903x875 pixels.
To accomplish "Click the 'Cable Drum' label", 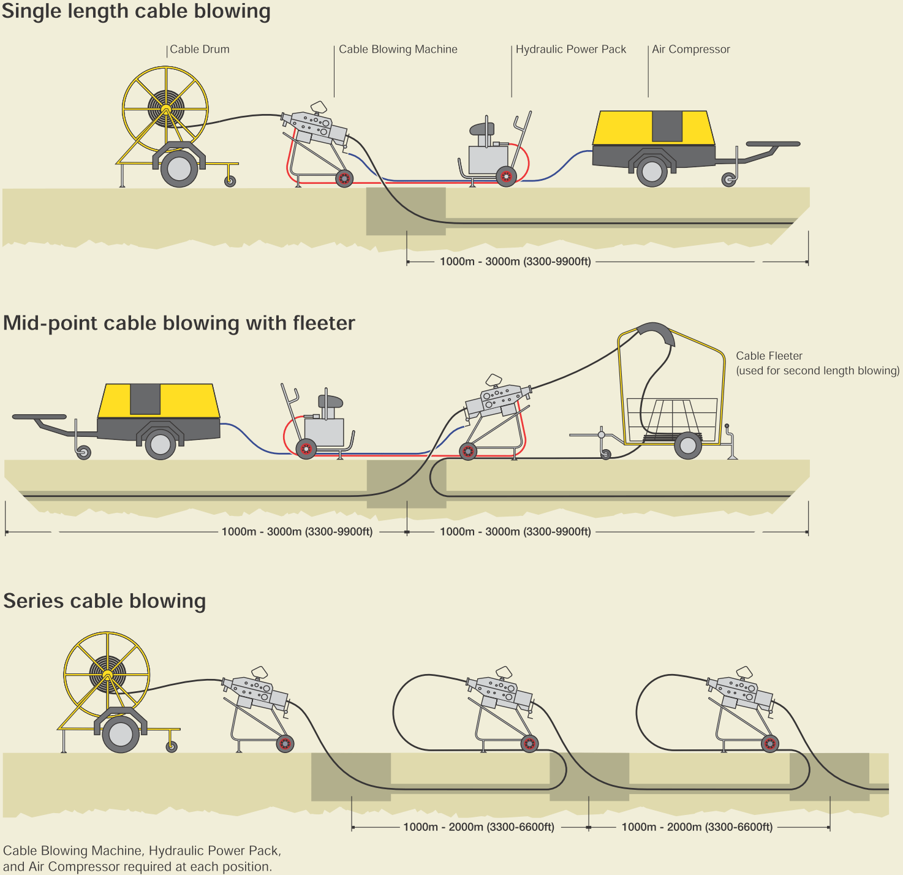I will pos(199,50).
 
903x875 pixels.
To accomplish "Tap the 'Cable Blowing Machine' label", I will pos(398,50).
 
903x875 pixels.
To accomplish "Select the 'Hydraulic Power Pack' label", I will pos(570,50).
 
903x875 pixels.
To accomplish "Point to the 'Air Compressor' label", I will pos(690,50).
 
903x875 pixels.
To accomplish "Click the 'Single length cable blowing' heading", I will pos(136,12).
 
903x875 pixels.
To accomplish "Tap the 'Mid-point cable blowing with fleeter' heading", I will pos(179,323).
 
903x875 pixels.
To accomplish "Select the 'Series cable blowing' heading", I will pos(105,600).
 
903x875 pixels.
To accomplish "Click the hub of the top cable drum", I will pos(165,109).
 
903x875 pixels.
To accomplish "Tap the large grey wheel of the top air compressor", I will pos(652,172).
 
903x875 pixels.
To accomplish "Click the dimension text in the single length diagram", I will pos(515,262).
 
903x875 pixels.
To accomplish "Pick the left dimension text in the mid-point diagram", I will pos(297,532).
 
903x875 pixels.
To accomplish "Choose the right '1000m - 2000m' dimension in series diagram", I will pos(697,827).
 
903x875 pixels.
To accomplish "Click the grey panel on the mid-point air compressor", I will pos(145,399).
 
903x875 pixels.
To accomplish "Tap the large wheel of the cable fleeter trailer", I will pos(688,445).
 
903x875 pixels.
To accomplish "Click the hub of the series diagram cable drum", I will pos(107,675).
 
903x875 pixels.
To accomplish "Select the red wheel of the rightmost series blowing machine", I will pos(770,744).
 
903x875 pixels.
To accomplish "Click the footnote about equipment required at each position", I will pos(142,858).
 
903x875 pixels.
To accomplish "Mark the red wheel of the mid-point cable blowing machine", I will pos(468,452).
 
